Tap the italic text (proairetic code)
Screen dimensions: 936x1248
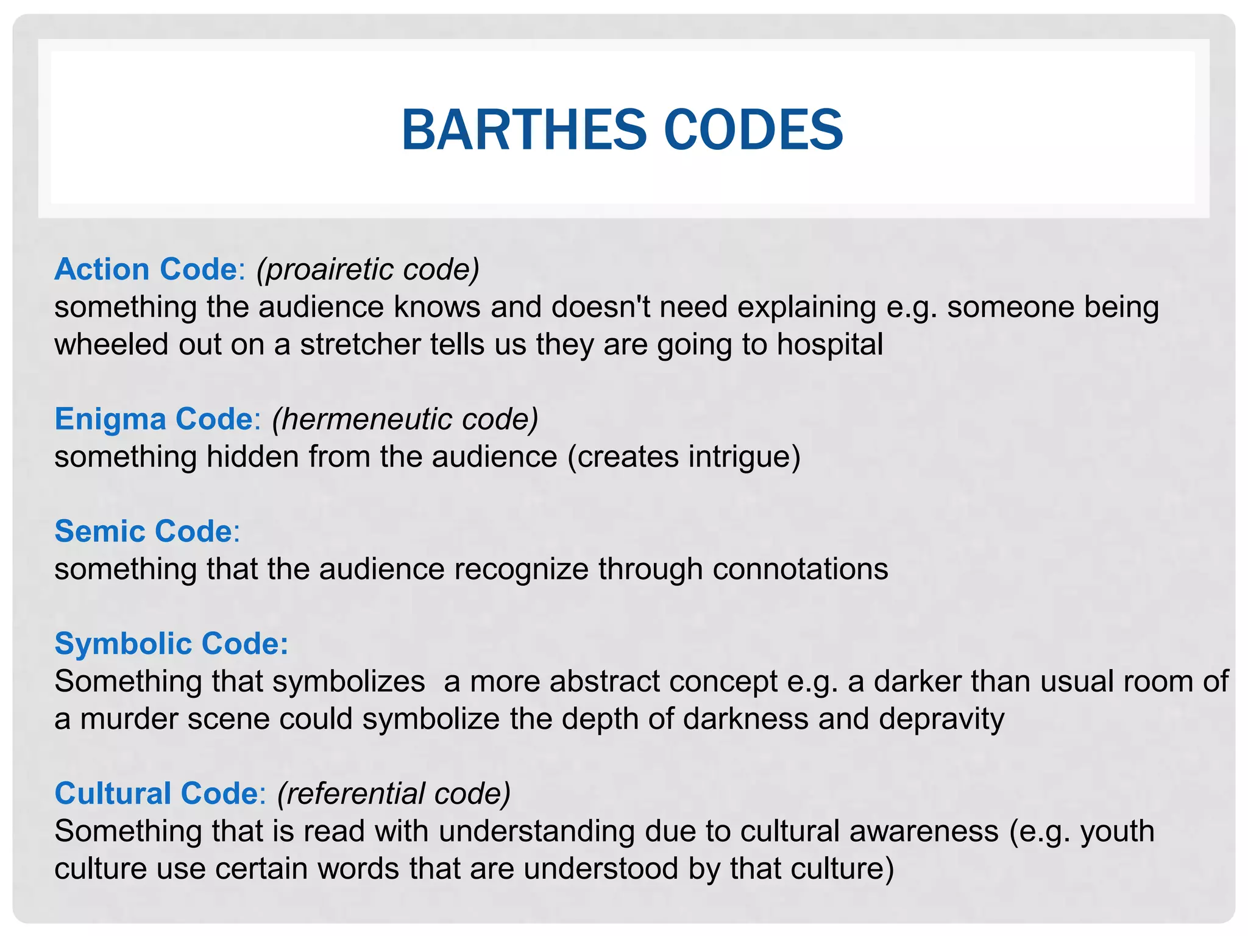click(x=368, y=269)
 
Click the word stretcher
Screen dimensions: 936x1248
click(x=360, y=344)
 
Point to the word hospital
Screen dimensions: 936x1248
click(x=829, y=344)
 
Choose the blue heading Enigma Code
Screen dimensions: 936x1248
click(x=154, y=419)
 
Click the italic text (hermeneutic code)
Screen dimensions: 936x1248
click(x=405, y=419)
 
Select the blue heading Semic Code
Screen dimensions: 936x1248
click(x=144, y=531)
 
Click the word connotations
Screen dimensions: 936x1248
click(x=800, y=569)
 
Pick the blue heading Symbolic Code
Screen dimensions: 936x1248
click(x=171, y=643)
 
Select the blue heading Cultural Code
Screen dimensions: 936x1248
click(x=157, y=793)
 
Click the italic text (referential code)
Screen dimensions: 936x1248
click(x=394, y=793)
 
